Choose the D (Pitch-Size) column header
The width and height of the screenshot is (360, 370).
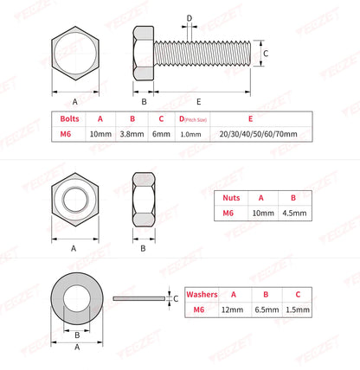click(x=190, y=119)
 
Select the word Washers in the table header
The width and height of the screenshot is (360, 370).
click(x=202, y=293)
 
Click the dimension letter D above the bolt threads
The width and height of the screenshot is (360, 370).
click(x=190, y=17)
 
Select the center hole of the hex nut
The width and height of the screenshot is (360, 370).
click(x=74, y=204)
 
